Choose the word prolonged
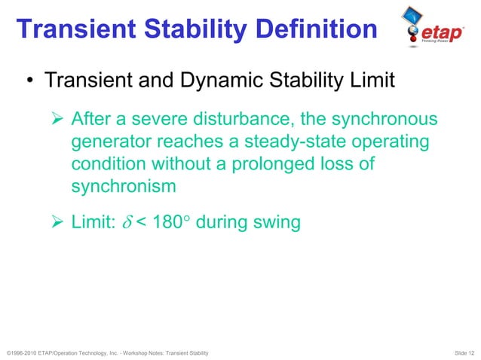click(x=283, y=164)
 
